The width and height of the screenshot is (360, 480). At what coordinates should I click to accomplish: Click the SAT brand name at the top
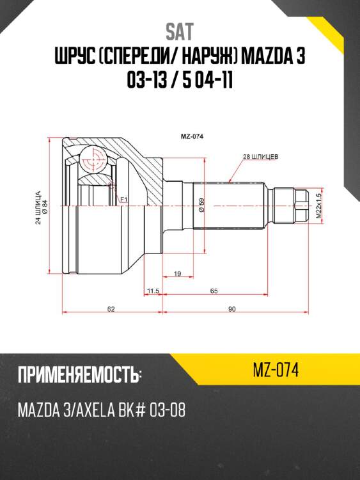[x=180, y=32]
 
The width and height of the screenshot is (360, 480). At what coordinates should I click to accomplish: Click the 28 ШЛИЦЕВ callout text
[x=261, y=156]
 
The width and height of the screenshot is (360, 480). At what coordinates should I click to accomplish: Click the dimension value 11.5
[x=152, y=291]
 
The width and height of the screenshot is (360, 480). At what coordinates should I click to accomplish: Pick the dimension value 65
[x=214, y=291]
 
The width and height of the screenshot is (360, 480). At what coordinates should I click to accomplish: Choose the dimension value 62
[x=111, y=309]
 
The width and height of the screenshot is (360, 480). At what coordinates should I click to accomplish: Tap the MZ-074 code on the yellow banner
[x=277, y=369]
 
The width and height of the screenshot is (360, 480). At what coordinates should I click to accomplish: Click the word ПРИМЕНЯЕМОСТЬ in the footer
[x=76, y=374]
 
